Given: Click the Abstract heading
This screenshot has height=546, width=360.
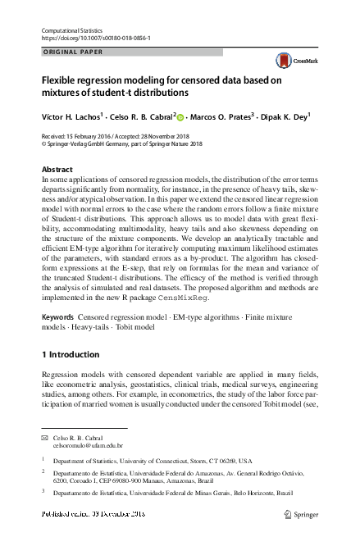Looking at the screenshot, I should [x=57, y=169].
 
